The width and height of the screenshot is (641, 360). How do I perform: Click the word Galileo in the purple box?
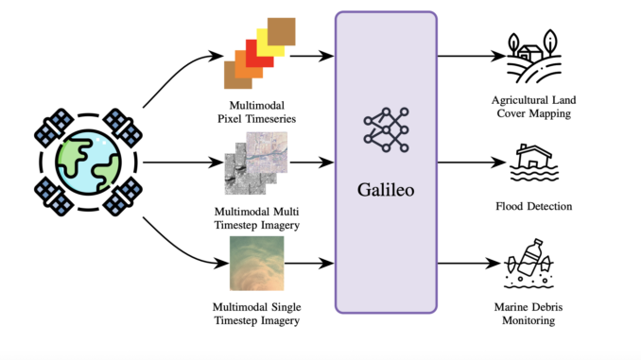pos(386,190)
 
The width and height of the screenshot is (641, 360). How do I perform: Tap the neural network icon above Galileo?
pos(386,131)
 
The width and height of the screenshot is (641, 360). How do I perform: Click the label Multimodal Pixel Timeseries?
pos(251,111)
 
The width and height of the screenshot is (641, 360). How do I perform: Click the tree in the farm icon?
pos(551,42)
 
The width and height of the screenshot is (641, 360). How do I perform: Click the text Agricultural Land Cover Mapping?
pos(536,107)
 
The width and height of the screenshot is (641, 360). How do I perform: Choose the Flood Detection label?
pos(536,206)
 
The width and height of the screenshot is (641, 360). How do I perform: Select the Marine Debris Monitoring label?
pos(536,314)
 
